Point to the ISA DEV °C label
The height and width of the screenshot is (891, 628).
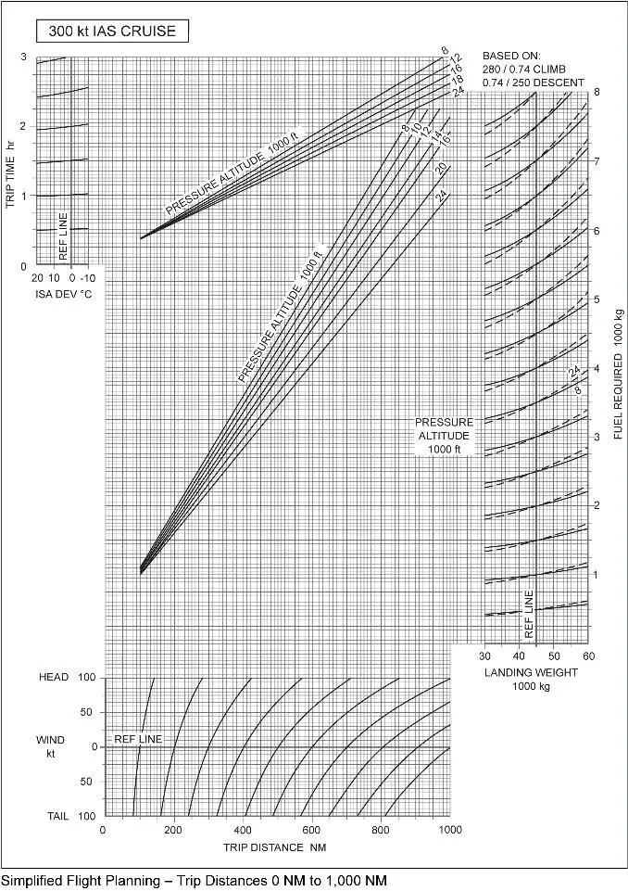(63, 294)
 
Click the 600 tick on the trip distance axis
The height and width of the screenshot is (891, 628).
(311, 830)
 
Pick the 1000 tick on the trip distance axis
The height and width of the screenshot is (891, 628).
(449, 830)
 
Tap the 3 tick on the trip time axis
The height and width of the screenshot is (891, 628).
(22, 57)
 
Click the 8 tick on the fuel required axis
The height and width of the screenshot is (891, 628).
(597, 93)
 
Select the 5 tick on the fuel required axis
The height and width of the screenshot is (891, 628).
(597, 299)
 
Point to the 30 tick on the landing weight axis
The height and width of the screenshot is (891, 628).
(484, 656)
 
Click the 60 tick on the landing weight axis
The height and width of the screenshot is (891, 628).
(586, 656)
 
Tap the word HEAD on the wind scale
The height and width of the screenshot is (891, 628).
(54, 678)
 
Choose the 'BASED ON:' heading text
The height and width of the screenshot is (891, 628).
(511, 55)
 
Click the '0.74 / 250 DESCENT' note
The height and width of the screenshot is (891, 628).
(533, 83)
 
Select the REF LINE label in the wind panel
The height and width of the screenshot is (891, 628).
(138, 739)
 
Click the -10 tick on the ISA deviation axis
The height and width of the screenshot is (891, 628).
(88, 278)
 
